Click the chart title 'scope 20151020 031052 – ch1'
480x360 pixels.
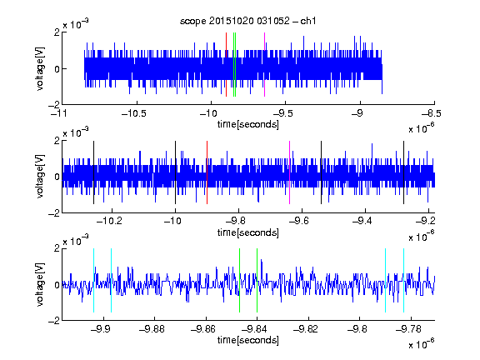248,21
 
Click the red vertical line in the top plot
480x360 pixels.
226,65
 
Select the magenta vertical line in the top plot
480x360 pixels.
264,65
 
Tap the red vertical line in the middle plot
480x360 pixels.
207,172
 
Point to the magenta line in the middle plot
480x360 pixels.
290,172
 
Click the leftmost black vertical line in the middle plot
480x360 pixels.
93,172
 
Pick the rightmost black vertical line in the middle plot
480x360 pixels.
404,172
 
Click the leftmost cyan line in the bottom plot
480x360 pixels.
93,280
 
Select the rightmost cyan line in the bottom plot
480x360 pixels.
404,280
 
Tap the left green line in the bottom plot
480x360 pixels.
239,280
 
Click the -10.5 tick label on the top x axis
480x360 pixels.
134,114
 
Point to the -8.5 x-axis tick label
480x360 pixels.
431,114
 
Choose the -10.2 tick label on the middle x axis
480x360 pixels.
109,220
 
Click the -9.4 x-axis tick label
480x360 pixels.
362,220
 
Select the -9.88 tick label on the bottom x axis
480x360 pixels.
152,329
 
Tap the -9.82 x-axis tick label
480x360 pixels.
306,329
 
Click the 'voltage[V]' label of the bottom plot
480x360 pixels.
40,284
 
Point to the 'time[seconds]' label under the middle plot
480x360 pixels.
248,232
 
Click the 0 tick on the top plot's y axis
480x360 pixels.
57,69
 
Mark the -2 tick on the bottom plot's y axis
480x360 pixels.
54,321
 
